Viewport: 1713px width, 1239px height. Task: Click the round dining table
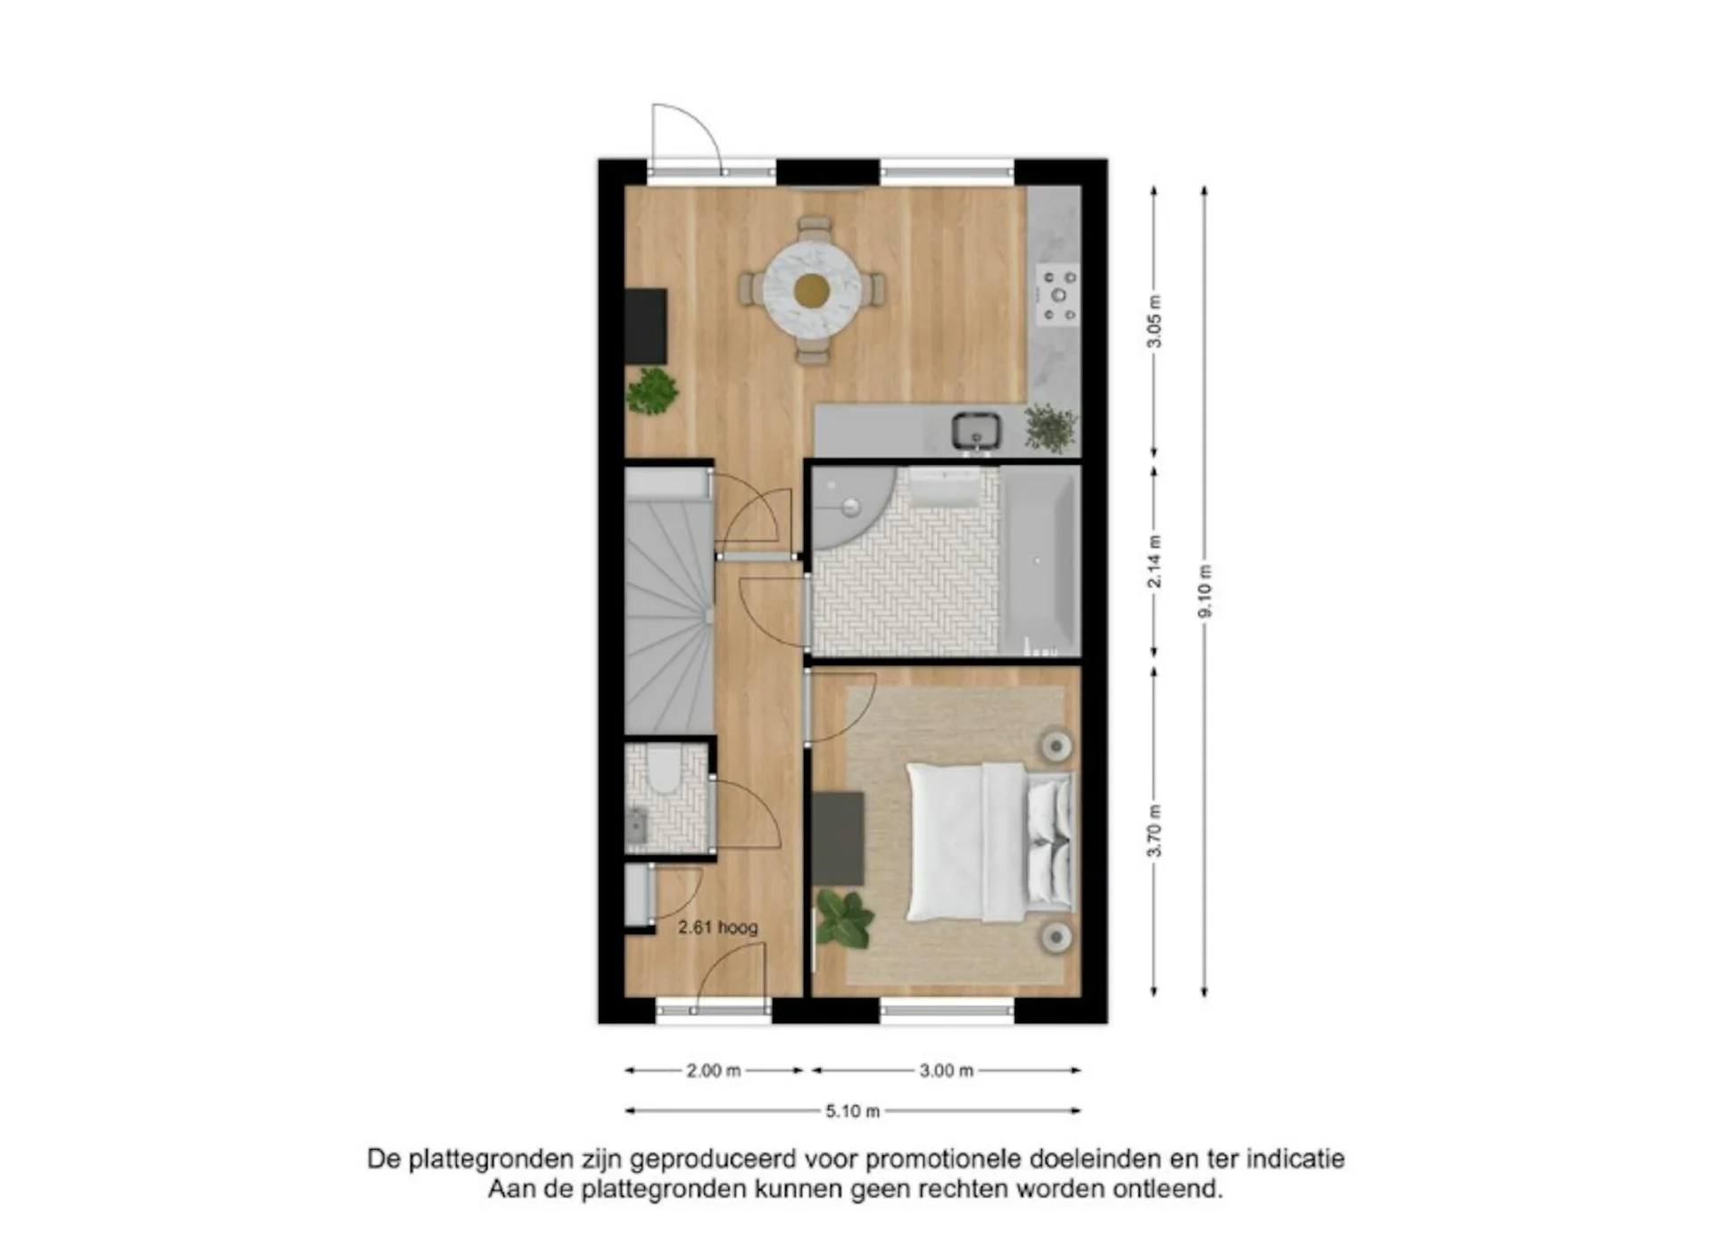coord(812,289)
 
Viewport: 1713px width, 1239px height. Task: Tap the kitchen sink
coord(975,431)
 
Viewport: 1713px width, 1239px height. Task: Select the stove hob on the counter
coord(1058,295)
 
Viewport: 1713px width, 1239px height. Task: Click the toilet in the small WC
coord(663,772)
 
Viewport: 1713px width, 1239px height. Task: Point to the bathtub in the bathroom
coord(1039,561)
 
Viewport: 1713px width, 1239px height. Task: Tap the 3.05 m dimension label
coord(1154,321)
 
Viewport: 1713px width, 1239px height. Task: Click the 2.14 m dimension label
coord(1154,561)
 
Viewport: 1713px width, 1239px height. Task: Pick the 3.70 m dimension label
coord(1154,830)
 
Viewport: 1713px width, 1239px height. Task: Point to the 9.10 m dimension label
coord(1204,591)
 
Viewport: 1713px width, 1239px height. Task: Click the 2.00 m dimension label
coord(714,1070)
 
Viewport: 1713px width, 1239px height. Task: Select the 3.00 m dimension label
coord(947,1070)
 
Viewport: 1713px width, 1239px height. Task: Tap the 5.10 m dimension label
coord(853,1111)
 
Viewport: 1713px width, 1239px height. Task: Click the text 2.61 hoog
coord(718,928)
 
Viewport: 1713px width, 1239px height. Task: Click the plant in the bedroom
coord(843,918)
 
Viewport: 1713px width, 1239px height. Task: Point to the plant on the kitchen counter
coord(1050,427)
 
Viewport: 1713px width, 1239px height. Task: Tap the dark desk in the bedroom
coord(838,838)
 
